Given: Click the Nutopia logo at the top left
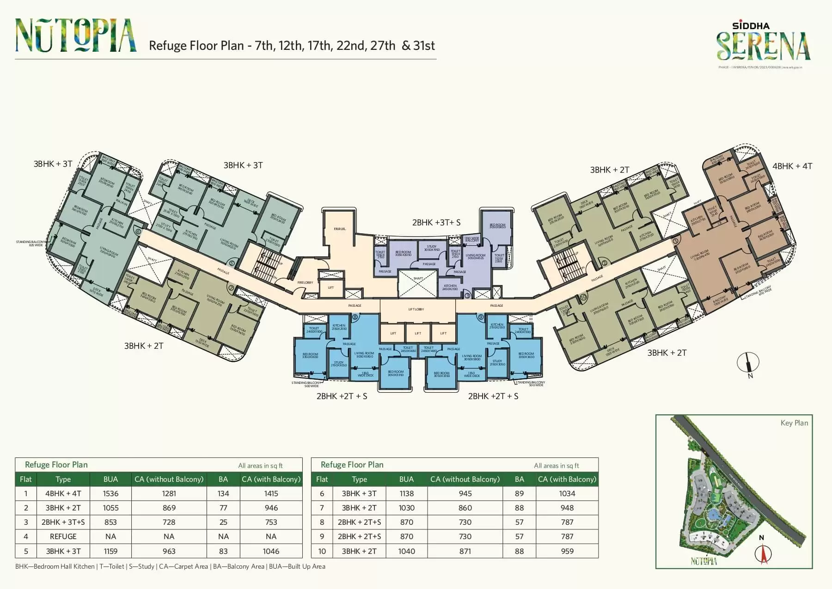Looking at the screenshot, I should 76,35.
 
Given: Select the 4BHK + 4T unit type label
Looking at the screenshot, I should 792,166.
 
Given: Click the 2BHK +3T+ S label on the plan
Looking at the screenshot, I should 436,223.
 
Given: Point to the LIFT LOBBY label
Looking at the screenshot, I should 416,310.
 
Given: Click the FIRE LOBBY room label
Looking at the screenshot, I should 305,283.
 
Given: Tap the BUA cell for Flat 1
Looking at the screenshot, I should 110,494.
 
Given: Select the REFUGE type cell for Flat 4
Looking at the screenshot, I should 63,537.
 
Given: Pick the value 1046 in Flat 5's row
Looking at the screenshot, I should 271,551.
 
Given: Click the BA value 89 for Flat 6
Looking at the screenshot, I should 520,494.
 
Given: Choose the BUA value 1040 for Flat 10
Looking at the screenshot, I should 407,551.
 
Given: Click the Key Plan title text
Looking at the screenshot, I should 794,423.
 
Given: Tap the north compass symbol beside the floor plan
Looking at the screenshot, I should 748,363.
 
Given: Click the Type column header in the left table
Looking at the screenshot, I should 63,480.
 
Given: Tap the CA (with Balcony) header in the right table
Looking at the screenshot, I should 567,480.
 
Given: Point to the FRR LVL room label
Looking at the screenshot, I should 340,229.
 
